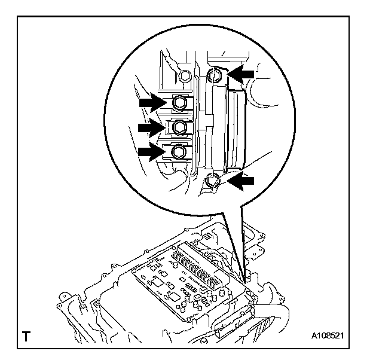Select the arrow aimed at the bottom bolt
pyautogui.click(x=242, y=182)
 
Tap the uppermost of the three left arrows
pyautogui.click(x=153, y=103)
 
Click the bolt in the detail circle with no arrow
pyautogui.click(x=185, y=76)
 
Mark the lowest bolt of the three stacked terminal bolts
pyautogui.click(x=179, y=152)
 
